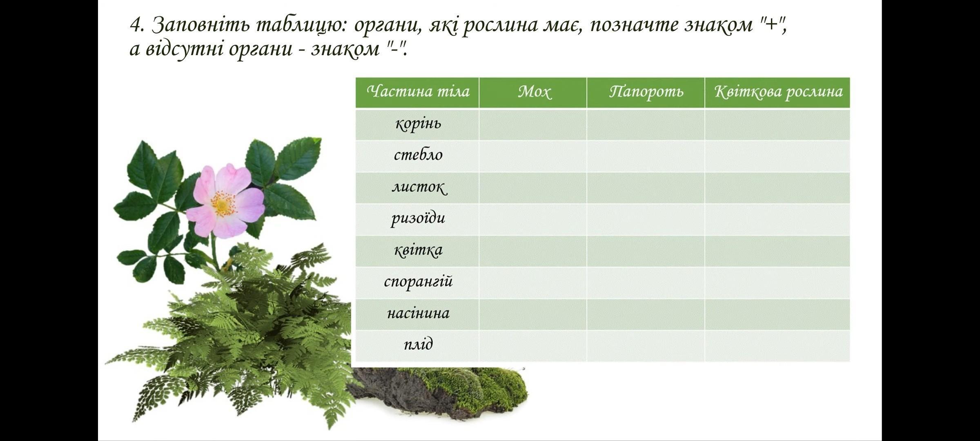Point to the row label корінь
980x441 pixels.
point(418,123)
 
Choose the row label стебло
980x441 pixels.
point(418,155)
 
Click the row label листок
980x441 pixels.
point(419,187)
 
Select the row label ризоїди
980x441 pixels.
point(418,218)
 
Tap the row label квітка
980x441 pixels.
point(418,250)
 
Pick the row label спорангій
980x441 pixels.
point(418,282)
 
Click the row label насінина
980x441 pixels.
point(418,314)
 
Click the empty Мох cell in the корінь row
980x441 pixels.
point(533,125)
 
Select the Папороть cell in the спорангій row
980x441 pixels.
point(646,283)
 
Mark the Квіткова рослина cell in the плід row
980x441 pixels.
point(777,346)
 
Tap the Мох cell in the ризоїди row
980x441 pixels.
point(533,220)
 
